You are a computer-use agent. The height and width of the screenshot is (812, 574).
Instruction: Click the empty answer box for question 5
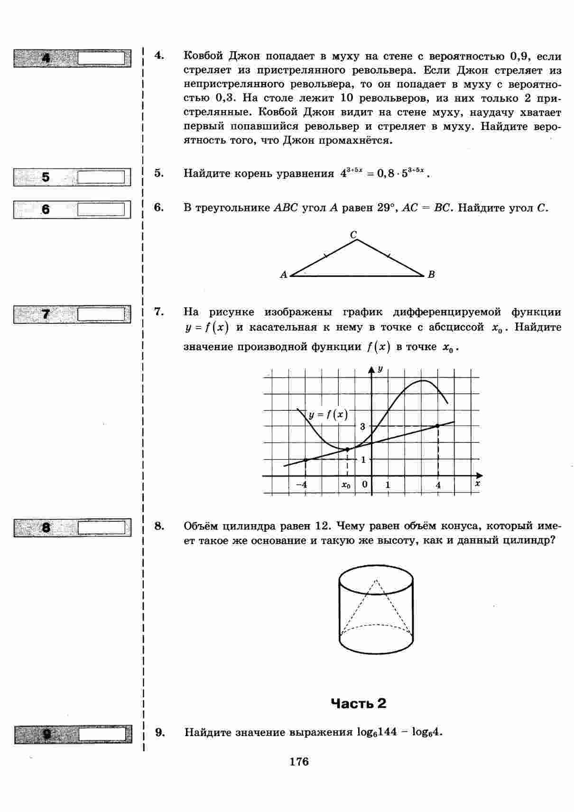101,177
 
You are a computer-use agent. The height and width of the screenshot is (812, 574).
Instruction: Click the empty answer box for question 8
101,527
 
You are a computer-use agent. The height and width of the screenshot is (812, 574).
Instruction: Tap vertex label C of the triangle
353,234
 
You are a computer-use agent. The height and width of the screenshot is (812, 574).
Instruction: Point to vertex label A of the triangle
283,275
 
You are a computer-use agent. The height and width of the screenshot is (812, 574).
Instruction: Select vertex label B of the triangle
431,275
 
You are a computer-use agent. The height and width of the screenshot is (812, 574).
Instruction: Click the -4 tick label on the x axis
301,485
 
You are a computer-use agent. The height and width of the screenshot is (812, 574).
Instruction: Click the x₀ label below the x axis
346,485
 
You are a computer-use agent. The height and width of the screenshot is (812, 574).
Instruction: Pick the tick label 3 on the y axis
363,426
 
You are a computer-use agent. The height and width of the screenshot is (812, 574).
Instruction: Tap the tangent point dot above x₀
347,449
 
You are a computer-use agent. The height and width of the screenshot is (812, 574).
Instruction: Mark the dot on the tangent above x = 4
438,426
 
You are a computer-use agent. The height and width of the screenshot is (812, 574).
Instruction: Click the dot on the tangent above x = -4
305,460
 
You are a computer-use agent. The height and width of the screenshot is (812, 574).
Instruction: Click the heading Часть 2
358,703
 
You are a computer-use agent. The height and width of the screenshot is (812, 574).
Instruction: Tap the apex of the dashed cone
376,580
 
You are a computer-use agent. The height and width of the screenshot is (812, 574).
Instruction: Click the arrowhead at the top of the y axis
371,369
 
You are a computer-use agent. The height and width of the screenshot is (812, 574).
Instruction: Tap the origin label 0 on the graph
364,484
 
